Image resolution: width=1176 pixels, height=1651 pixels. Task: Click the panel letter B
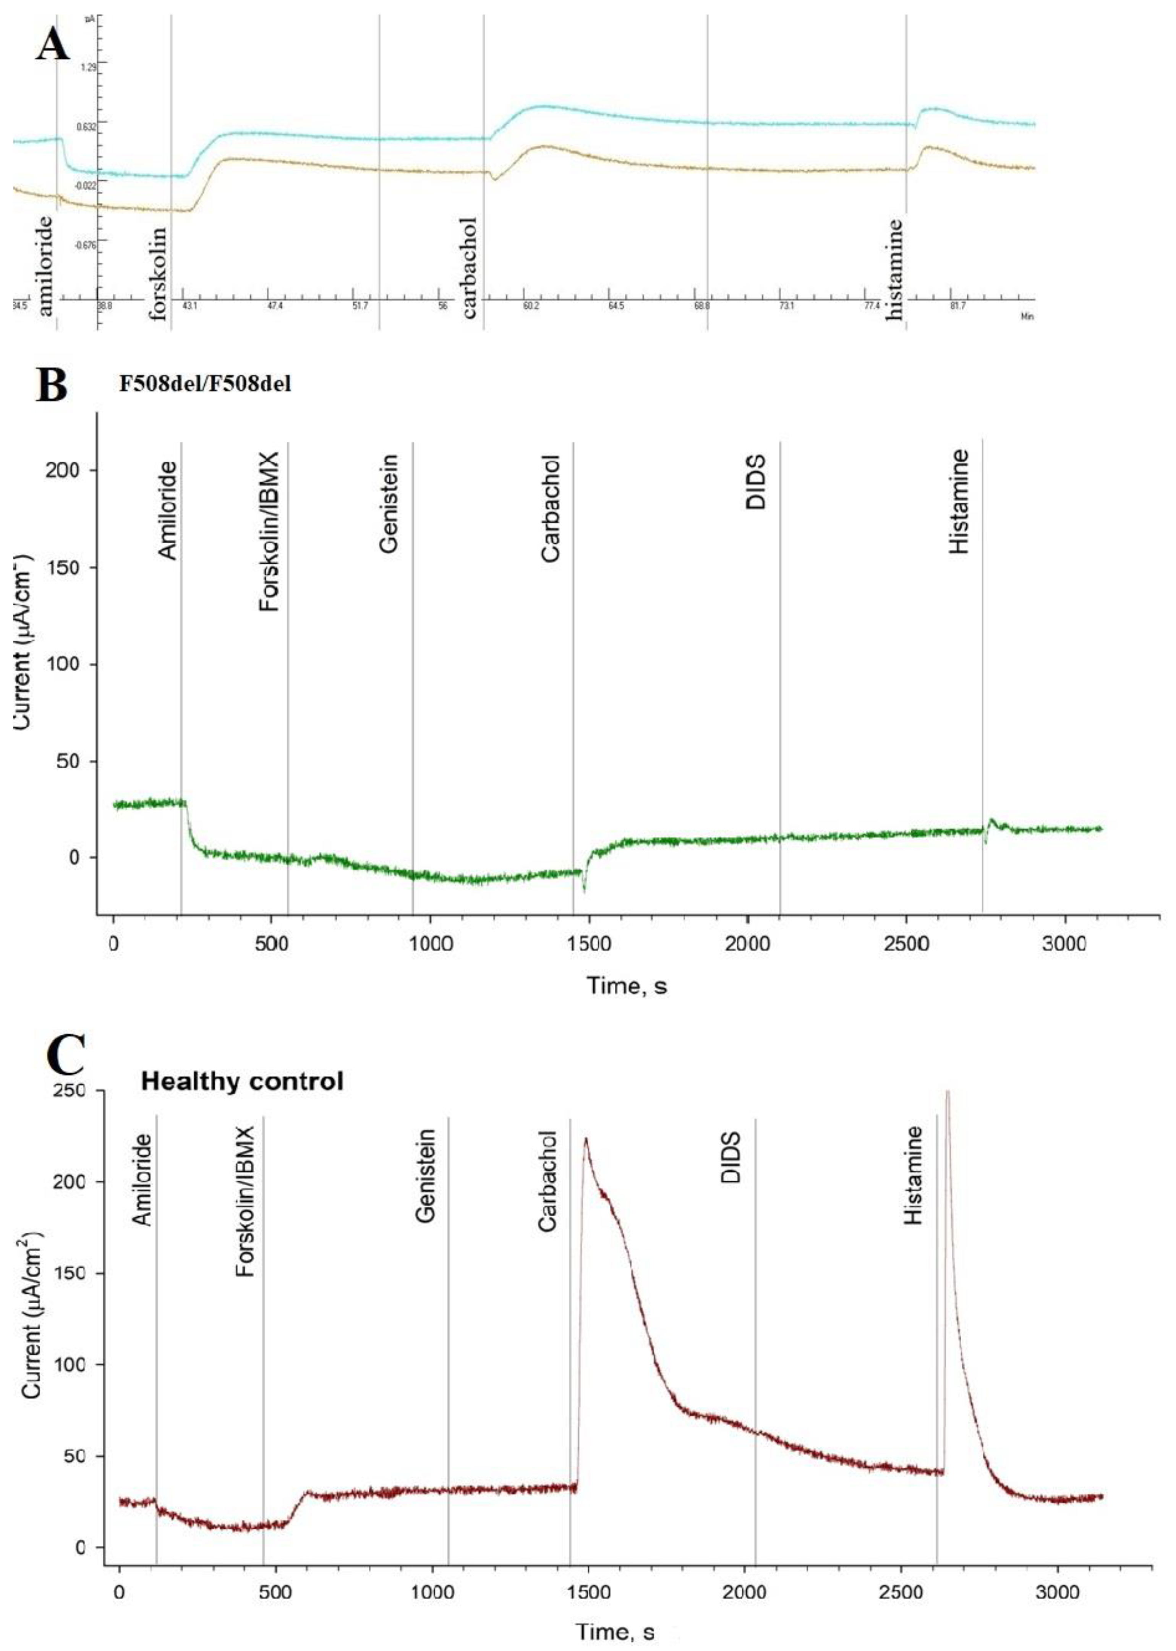click(x=52, y=385)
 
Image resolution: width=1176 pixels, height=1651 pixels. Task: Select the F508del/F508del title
click(x=206, y=384)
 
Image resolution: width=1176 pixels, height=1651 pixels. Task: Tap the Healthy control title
click(x=242, y=1082)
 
